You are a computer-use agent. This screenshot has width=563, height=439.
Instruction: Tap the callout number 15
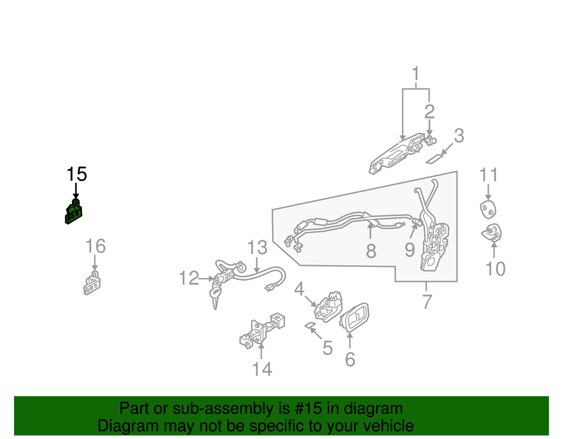click(x=77, y=174)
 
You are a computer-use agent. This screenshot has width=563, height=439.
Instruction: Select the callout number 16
click(x=96, y=246)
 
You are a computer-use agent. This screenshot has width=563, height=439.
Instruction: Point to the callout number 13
click(x=257, y=247)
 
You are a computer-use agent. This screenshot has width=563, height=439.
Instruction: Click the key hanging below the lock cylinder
click(x=216, y=297)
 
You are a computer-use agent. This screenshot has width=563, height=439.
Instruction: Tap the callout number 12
click(x=189, y=278)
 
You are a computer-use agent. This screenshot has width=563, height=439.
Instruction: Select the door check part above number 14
click(x=262, y=331)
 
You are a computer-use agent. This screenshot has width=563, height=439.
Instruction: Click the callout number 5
click(x=328, y=348)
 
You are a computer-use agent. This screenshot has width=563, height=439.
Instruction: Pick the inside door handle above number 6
click(x=354, y=317)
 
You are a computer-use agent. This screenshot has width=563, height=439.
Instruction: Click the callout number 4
click(x=299, y=289)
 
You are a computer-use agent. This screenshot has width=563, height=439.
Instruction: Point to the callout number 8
click(x=371, y=251)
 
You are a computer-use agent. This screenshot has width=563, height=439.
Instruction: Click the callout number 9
click(x=410, y=250)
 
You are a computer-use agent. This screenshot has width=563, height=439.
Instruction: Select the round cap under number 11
click(x=488, y=209)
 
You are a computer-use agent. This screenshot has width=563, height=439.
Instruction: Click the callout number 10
click(x=495, y=269)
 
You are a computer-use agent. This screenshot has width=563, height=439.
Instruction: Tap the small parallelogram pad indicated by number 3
click(x=435, y=159)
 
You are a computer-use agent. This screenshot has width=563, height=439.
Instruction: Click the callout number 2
click(x=429, y=112)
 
